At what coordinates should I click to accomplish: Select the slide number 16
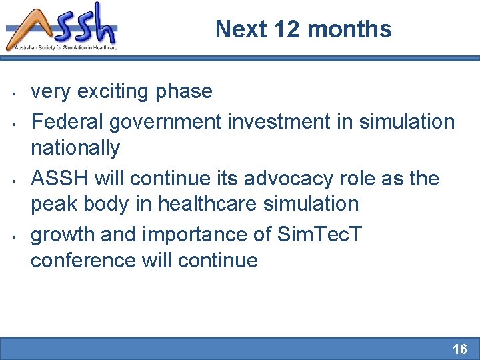pos(459,349)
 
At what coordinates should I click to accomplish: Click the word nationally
pos(75,147)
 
